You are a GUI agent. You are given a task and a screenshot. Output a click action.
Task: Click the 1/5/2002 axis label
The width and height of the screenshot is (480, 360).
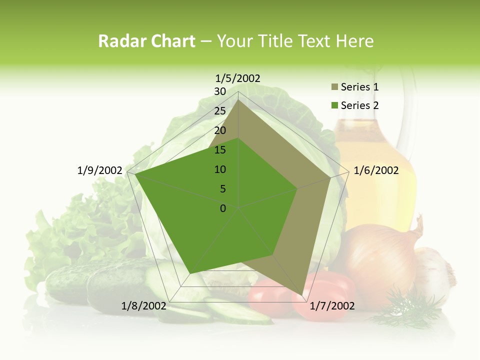coord(238,78)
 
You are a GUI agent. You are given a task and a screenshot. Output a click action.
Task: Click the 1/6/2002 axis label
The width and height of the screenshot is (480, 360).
coord(376,170)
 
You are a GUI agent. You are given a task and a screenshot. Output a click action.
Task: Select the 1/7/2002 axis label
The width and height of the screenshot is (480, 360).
coord(332,306)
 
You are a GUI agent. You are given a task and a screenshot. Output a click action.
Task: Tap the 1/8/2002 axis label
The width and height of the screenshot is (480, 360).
coord(143,306)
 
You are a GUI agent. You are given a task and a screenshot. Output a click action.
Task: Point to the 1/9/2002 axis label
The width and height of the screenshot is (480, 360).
coord(99,170)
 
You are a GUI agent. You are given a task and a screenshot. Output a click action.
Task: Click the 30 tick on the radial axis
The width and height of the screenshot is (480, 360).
coord(220,91)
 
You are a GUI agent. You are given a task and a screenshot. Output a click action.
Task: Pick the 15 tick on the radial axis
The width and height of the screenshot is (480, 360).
coord(220,150)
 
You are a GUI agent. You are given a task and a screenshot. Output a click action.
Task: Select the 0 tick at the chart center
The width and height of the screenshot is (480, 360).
coord(223,208)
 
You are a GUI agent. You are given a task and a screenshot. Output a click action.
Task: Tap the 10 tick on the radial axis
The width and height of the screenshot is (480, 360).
coord(220,169)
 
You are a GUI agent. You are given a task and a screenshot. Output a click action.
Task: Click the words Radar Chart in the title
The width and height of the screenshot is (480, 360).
coord(146,41)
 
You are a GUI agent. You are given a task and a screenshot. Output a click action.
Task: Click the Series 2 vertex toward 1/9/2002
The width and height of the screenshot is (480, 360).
coord(135,174)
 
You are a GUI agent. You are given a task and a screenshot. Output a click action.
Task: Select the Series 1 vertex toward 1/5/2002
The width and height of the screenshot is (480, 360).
coord(238,99)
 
